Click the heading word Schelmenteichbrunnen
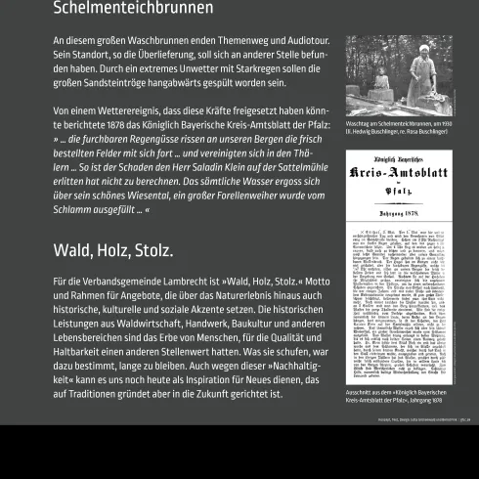coord(133,9)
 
